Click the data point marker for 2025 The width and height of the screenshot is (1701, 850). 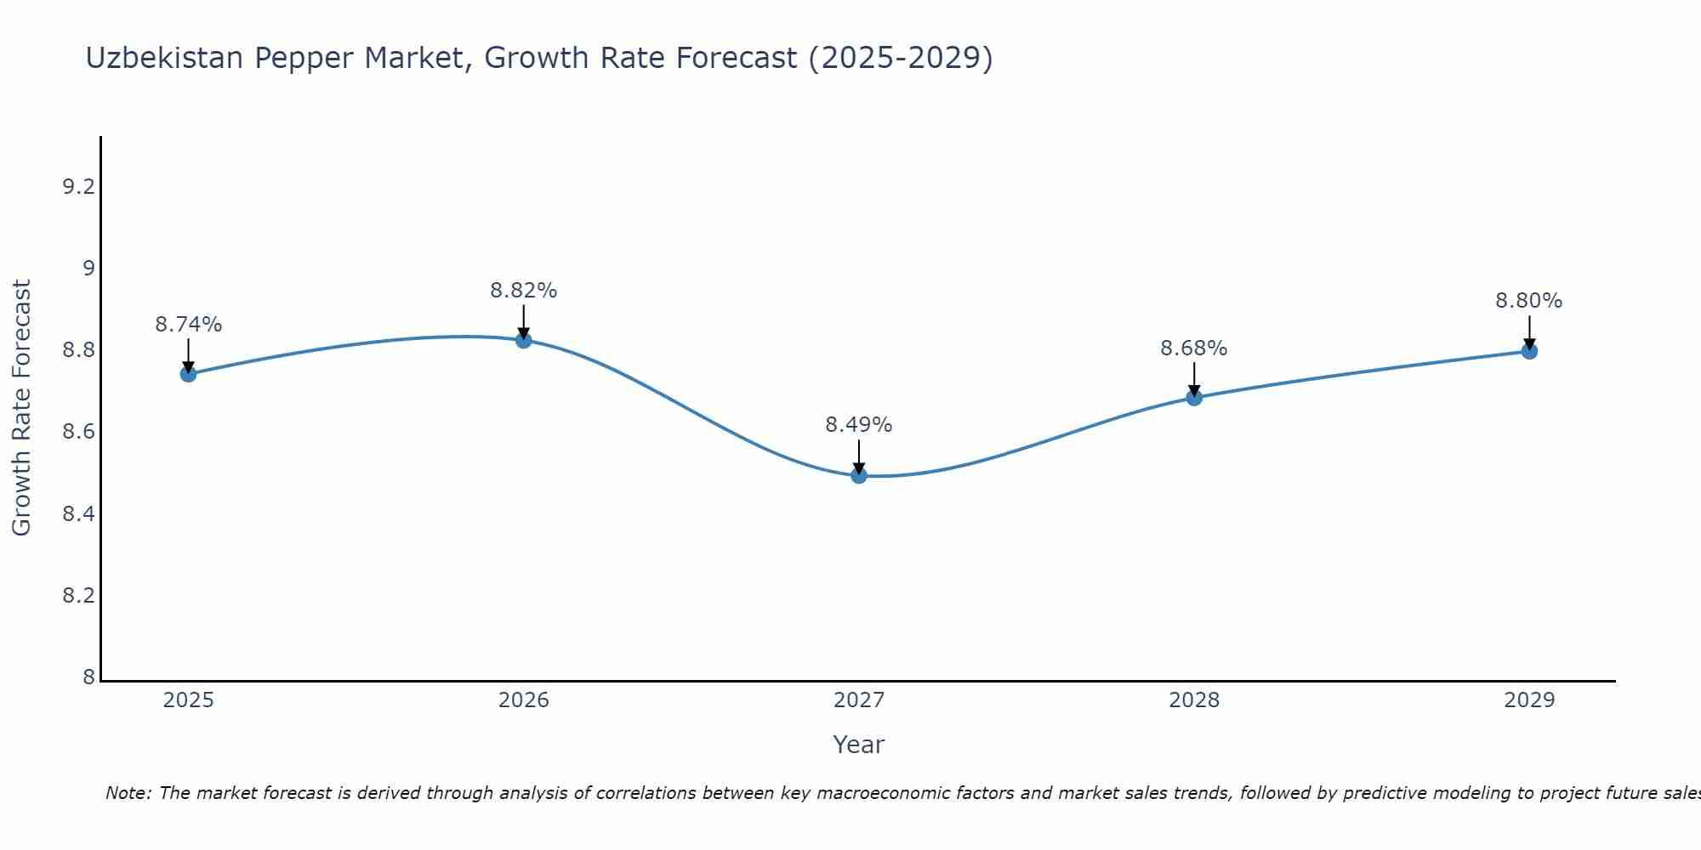point(188,374)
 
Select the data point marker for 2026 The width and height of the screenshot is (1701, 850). point(524,341)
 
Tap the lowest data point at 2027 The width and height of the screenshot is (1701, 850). point(859,476)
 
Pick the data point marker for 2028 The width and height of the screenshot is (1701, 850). point(1194,398)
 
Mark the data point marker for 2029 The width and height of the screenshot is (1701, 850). point(1529,351)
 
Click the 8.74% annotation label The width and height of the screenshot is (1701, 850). point(188,325)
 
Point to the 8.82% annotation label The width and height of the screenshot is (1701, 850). point(524,291)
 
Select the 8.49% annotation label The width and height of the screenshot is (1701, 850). point(859,425)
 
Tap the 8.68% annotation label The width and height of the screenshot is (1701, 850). point(1194,348)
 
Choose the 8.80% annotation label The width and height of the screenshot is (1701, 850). point(1529,301)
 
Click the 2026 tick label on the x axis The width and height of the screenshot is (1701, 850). point(524,700)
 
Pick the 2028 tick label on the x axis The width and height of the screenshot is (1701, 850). point(1194,700)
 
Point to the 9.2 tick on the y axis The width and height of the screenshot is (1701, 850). point(78,187)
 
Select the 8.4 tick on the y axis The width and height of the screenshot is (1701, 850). point(78,514)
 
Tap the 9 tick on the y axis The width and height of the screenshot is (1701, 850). point(88,269)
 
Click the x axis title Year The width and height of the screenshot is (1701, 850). point(859,745)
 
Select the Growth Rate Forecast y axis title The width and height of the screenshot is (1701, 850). point(21,408)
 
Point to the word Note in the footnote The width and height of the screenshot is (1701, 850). point(128,793)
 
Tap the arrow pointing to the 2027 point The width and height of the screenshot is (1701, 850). point(859,457)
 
